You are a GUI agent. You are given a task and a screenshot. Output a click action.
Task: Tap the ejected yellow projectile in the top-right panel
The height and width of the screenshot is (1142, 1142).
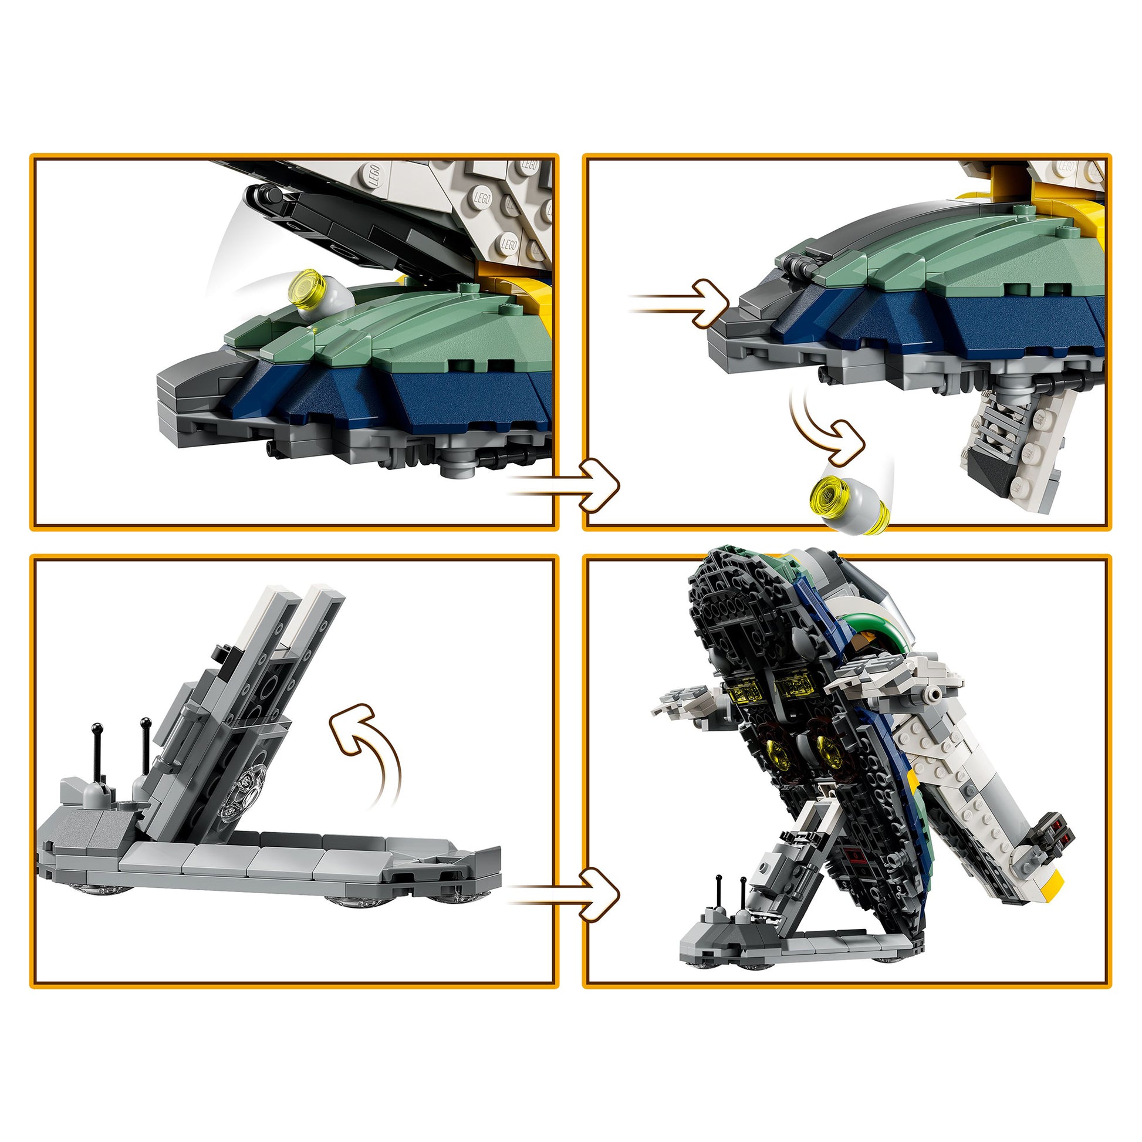(849, 507)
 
